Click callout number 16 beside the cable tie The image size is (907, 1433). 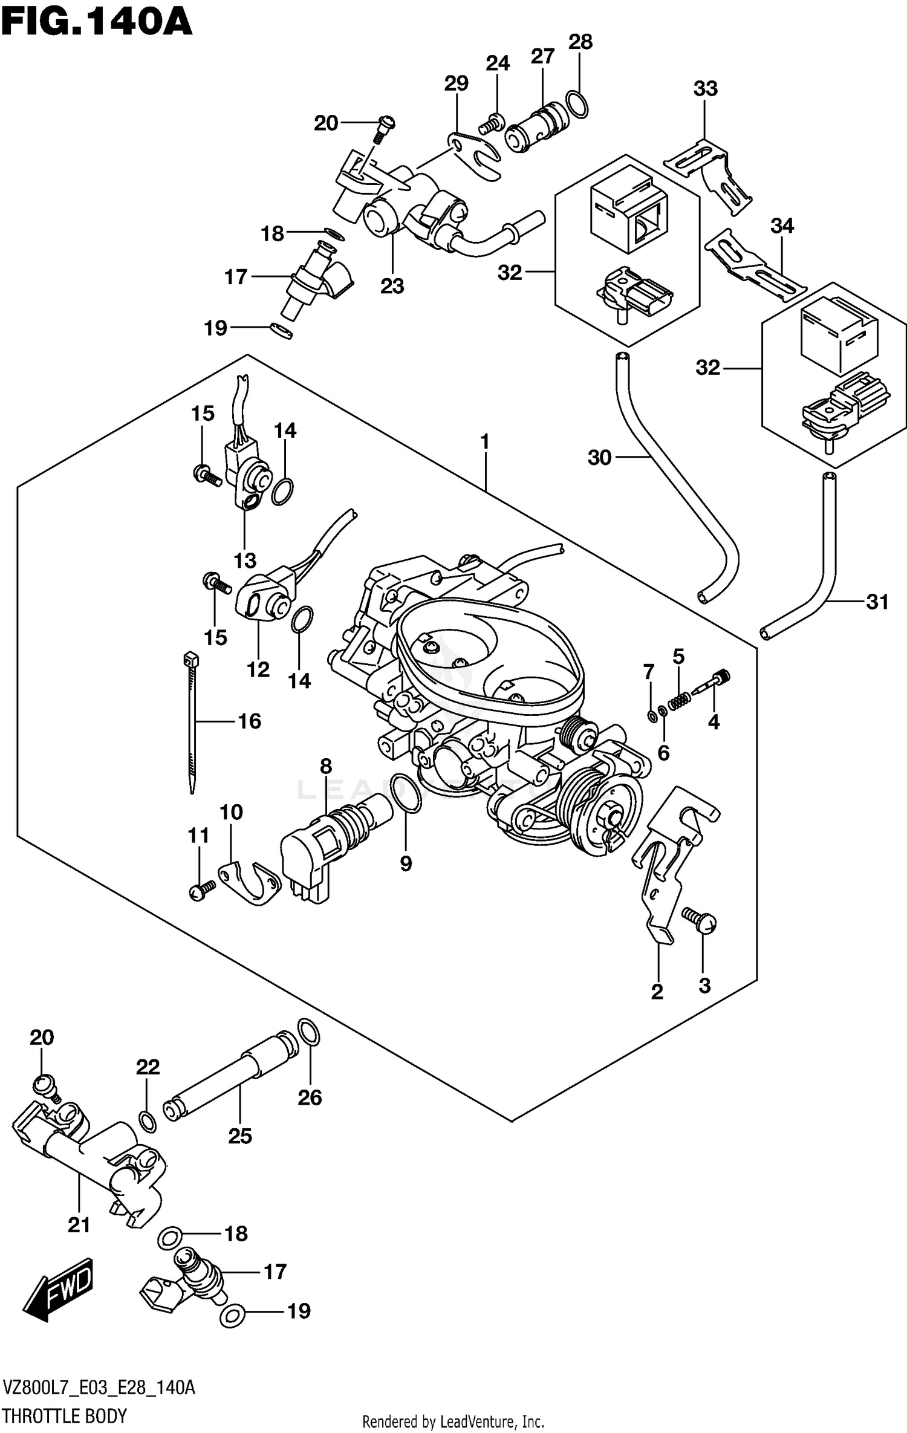coord(249,721)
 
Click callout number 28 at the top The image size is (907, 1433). coord(580,42)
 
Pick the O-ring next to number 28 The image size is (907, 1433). coord(577,105)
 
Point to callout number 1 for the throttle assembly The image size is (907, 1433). coord(484,442)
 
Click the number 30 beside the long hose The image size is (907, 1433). coord(599,458)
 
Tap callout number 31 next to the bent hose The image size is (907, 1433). coord(877,602)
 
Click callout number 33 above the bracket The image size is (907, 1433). coord(705,88)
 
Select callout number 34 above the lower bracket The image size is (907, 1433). coord(782,226)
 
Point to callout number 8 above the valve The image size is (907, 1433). coord(326,766)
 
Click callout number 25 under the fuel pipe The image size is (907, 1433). coord(239,1136)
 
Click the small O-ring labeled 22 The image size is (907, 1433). coord(147,1120)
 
